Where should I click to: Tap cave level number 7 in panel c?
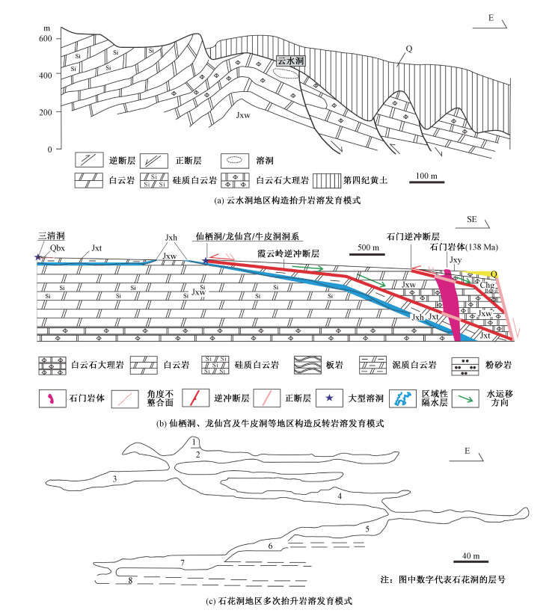coord(183,561)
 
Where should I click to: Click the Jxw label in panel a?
coord(242,117)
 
